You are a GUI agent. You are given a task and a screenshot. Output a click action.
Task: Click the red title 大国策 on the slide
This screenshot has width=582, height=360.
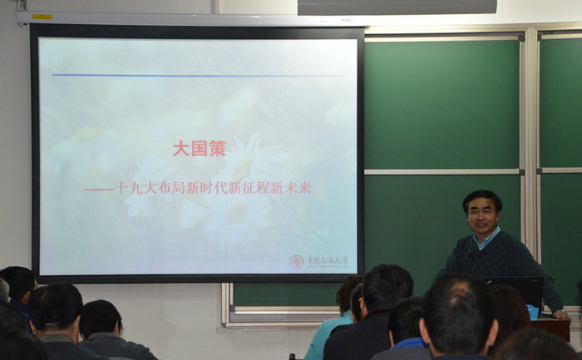199,149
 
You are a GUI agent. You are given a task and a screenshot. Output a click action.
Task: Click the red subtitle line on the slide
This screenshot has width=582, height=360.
198,188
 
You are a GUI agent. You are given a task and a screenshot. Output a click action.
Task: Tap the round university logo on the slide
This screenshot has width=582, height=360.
297,261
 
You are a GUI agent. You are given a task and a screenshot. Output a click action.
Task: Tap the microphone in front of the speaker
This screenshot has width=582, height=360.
470,259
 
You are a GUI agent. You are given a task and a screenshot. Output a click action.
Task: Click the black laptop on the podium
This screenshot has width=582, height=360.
515,290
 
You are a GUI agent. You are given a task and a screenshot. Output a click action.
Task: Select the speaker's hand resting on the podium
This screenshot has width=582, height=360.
561,314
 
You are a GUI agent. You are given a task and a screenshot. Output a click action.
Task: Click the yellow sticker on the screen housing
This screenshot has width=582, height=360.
42,17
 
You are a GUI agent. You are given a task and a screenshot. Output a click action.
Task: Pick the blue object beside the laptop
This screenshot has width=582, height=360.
533,312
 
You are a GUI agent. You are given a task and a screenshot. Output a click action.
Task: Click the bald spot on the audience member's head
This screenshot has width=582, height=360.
455,297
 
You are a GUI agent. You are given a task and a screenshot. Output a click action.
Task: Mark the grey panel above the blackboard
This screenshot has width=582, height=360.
397,7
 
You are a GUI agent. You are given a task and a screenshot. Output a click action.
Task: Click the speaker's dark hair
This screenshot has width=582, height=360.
482,198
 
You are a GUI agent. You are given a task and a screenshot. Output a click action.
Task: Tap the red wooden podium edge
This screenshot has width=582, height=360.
552,328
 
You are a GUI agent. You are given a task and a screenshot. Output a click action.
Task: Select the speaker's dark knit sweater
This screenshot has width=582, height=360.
499,262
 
